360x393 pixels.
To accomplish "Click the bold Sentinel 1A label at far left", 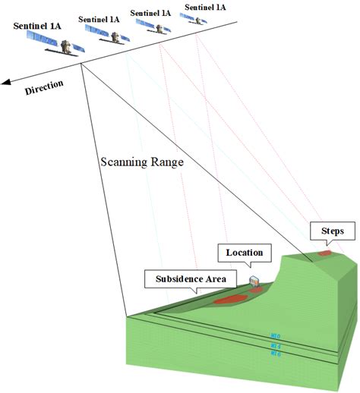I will pos(37,26).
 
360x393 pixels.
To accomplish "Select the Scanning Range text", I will pos(142,163).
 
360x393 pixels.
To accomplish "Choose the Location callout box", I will pos(244,251).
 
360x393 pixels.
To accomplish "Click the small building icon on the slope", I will pos(254,281).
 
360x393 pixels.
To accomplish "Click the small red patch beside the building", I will pos(255,289).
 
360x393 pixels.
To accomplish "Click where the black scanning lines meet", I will pos(81,64).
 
